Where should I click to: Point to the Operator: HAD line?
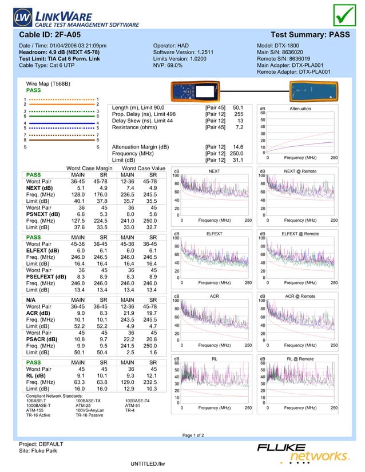170,45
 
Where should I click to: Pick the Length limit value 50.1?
238,107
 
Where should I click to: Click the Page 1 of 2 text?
193,435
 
